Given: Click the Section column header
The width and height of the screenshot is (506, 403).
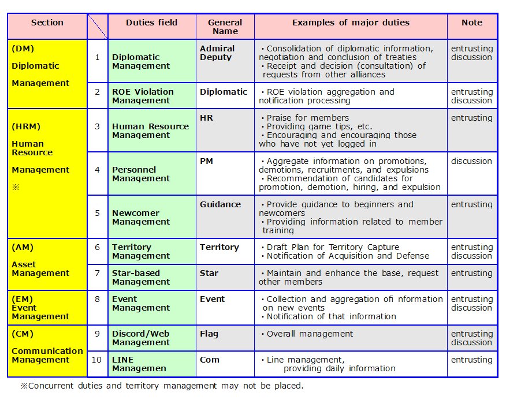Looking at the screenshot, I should (x=47, y=23).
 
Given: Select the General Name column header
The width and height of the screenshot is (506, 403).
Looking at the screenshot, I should (x=225, y=27).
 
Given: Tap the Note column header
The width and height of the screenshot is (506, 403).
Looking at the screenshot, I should (x=471, y=23).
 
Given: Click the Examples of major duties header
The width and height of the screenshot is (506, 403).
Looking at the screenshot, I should (x=351, y=23).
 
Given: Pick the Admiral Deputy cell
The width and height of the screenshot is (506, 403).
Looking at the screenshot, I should (x=217, y=53).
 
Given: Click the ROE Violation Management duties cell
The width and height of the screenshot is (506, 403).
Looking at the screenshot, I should (x=143, y=96).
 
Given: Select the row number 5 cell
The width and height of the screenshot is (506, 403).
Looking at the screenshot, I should (x=97, y=213).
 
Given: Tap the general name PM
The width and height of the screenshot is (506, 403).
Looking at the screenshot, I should (x=206, y=161).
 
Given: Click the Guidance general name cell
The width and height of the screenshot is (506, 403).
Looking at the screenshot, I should (x=220, y=204).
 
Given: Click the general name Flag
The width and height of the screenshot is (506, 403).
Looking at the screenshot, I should (x=209, y=334).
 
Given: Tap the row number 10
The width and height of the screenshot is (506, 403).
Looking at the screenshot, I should (x=97, y=360).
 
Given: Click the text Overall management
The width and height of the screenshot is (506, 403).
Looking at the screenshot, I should (x=310, y=334).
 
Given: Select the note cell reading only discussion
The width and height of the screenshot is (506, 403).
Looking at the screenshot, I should (x=471, y=161).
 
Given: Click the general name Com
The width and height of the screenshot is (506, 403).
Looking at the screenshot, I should (x=209, y=360).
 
